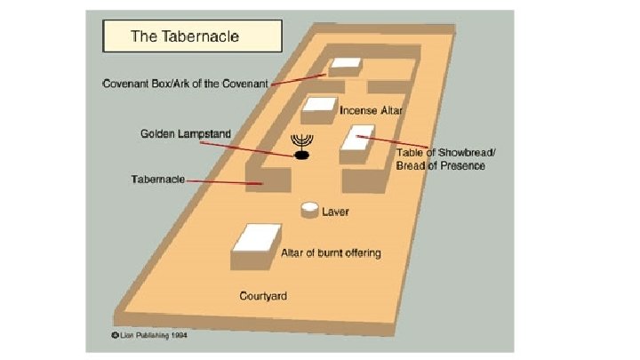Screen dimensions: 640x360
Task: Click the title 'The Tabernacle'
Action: (184, 36)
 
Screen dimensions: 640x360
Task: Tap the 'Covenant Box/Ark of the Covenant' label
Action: (185, 84)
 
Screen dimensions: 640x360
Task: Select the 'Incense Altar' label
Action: (372, 112)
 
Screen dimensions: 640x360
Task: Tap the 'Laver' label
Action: (335, 212)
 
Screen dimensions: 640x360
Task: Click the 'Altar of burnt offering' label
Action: (331, 253)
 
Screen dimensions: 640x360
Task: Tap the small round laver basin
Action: (310, 210)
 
